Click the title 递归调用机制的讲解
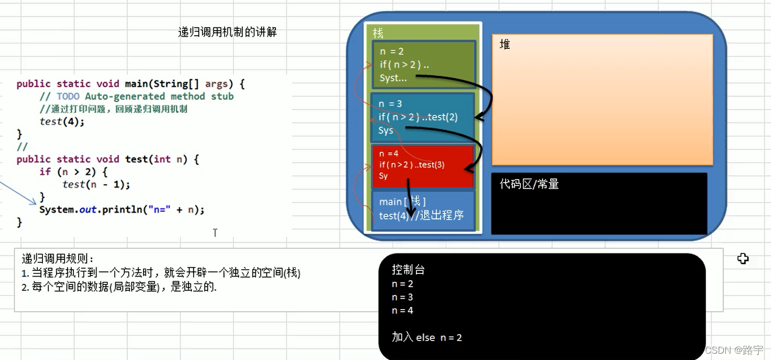pyautogui.click(x=227, y=32)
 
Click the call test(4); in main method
pyautogui.click(x=62, y=121)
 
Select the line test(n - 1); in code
pyautogui.click(x=96, y=184)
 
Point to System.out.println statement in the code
pyautogui.click(x=122, y=209)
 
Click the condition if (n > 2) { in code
pyautogui.click(x=73, y=172)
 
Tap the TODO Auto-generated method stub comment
pyautogui.click(x=136, y=96)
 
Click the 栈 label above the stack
pyautogui.click(x=378, y=33)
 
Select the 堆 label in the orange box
pyautogui.click(x=505, y=45)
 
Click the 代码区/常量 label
pyautogui.click(x=529, y=184)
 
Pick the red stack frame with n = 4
pyautogui.click(x=422, y=166)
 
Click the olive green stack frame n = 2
pyautogui.click(x=423, y=64)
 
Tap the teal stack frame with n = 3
pyautogui.click(x=422, y=117)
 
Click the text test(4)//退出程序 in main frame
pyautogui.click(x=421, y=216)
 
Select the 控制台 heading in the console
pyautogui.click(x=408, y=270)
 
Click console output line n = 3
pyautogui.click(x=402, y=297)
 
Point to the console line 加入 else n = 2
pyautogui.click(x=426, y=337)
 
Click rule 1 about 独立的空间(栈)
pyautogui.click(x=161, y=273)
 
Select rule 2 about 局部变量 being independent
pyautogui.click(x=119, y=287)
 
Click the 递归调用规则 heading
pyautogui.click(x=58, y=259)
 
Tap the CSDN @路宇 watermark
pyautogui.click(x=734, y=350)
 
